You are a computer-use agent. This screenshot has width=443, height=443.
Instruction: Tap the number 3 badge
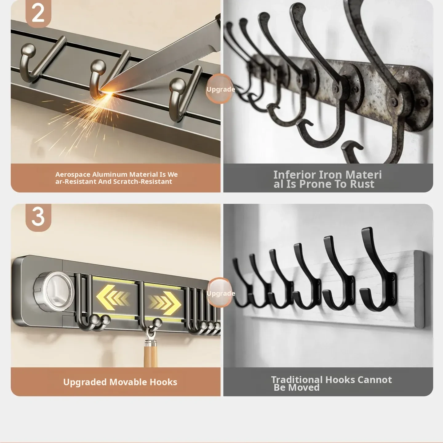click(x=38, y=217)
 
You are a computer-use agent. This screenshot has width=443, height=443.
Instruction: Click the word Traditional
click(x=297, y=380)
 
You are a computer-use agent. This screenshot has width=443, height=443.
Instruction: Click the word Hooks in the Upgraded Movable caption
click(x=163, y=382)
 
